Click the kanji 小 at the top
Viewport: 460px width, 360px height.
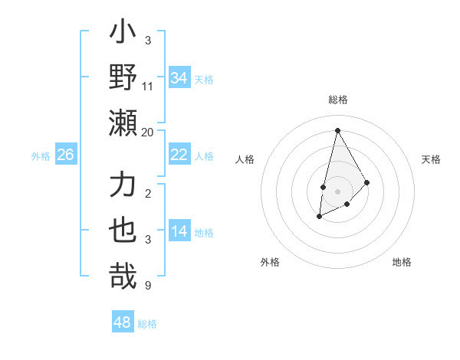(123, 35)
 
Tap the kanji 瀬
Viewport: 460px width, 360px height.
(123, 123)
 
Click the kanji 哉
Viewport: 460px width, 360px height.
(123, 277)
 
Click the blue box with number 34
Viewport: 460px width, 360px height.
(179, 77)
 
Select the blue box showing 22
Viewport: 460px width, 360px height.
(179, 155)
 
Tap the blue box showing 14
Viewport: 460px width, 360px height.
(179, 232)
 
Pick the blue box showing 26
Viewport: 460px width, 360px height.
(66, 155)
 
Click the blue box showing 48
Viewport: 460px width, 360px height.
(123, 322)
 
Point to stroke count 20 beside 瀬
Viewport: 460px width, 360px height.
(148, 133)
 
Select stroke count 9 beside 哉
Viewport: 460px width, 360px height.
(147, 286)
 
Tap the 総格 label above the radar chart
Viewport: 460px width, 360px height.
(338, 100)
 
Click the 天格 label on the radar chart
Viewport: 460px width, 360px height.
(432, 159)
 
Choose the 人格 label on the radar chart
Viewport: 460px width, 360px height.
(245, 159)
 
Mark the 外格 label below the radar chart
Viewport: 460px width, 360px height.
(269, 262)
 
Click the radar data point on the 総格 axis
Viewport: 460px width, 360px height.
(337, 129)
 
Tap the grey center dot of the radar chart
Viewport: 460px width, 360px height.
(338, 191)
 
